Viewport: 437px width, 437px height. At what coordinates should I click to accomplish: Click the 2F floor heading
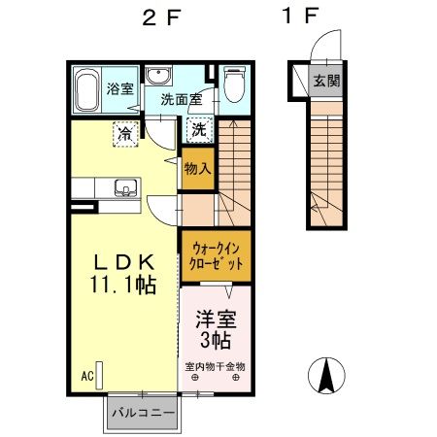tap(155, 17)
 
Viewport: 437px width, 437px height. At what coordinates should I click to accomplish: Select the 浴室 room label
tap(121, 84)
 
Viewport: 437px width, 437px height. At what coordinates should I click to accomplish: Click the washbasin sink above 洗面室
tap(159, 78)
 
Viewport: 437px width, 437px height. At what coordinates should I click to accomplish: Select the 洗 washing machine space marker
tap(197, 128)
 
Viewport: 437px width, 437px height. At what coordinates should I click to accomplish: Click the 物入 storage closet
tap(197, 169)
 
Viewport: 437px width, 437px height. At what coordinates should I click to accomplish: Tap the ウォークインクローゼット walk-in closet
tap(217, 256)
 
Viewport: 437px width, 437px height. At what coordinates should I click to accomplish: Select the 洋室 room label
tap(217, 319)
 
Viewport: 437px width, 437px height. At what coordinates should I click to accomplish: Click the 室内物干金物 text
tap(216, 366)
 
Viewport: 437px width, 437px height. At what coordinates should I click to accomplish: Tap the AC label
tap(85, 374)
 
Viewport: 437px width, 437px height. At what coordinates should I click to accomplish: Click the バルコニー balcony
tap(142, 412)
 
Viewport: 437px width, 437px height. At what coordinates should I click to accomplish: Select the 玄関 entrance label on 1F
tap(326, 82)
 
